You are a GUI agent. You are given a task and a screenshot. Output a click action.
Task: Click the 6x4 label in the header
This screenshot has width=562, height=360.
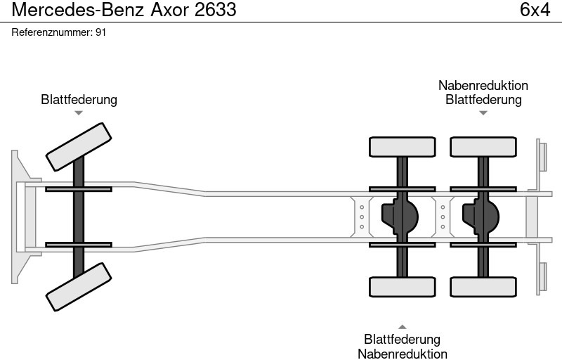pyautogui.click(x=535, y=10)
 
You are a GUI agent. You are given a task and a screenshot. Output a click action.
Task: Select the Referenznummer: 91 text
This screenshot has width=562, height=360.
pyautogui.click(x=59, y=32)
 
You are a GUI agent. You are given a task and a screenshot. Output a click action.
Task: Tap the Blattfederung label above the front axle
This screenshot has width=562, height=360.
pyautogui.click(x=79, y=99)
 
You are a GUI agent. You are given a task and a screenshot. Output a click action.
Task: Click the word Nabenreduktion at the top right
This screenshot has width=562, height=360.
pyautogui.click(x=483, y=85)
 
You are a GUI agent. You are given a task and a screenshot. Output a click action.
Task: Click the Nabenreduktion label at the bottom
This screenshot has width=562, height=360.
pyautogui.click(x=403, y=354)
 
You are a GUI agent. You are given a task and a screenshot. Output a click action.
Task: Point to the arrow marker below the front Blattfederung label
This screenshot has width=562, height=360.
pyautogui.click(x=79, y=112)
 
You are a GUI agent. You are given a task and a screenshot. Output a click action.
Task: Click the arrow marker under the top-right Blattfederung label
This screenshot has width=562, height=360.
pyautogui.click(x=483, y=112)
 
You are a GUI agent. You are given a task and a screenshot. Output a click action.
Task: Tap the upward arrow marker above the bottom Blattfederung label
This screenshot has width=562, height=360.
pyautogui.click(x=403, y=327)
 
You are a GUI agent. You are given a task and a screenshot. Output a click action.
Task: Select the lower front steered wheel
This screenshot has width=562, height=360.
pyautogui.click(x=79, y=287)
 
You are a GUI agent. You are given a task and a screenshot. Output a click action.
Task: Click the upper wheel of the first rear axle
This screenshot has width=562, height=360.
pyautogui.click(x=403, y=146)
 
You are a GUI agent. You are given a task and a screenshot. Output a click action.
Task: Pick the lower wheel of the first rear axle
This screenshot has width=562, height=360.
pyautogui.click(x=403, y=287)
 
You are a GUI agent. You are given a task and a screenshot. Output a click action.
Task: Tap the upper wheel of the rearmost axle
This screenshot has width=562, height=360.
pyautogui.click(x=483, y=146)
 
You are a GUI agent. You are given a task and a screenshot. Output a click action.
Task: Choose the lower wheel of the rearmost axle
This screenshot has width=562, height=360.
pyautogui.click(x=483, y=287)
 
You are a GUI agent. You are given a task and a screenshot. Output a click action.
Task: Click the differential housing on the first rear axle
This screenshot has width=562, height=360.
pyautogui.click(x=398, y=217)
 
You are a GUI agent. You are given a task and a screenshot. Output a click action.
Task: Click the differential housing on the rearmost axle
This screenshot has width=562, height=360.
pyautogui.click(x=479, y=217)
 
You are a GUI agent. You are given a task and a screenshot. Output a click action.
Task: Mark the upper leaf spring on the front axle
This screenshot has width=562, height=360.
pyautogui.click(x=79, y=188)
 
